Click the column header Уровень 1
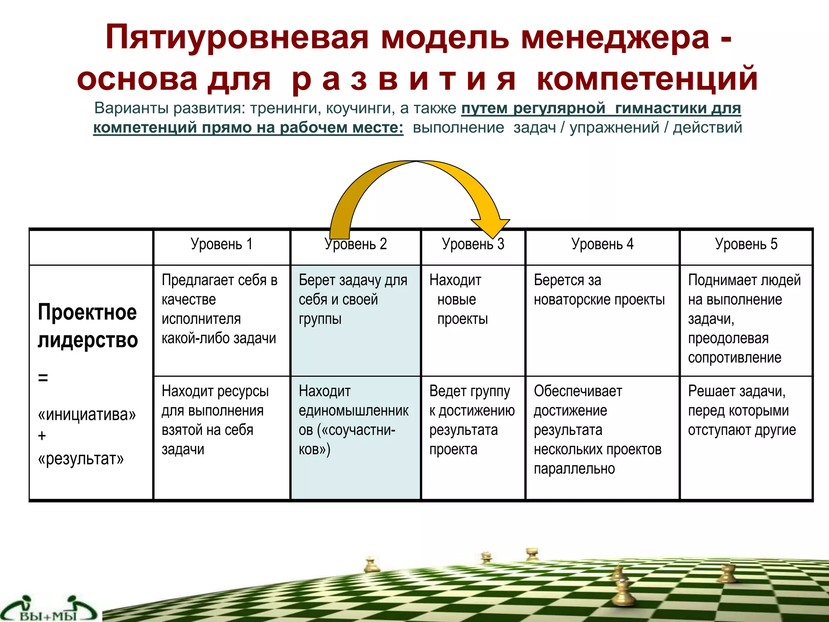tap(221, 244)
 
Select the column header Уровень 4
tap(602, 244)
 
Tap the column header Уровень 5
tap(746, 244)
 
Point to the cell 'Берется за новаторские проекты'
tap(599, 290)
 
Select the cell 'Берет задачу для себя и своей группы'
tap(353, 300)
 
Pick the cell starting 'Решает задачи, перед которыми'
tap(742, 411)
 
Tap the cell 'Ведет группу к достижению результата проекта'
tap(471, 420)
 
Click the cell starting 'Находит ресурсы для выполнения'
tap(215, 420)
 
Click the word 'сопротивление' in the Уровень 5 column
tap(734, 358)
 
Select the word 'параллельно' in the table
tap(574, 469)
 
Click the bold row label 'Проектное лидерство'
tap(87, 326)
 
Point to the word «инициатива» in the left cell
tap(87, 415)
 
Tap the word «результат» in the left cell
tap(81, 459)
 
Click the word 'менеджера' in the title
tap(615, 37)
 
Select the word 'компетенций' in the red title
tap(647, 79)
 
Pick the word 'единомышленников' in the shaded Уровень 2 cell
tap(353, 411)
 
